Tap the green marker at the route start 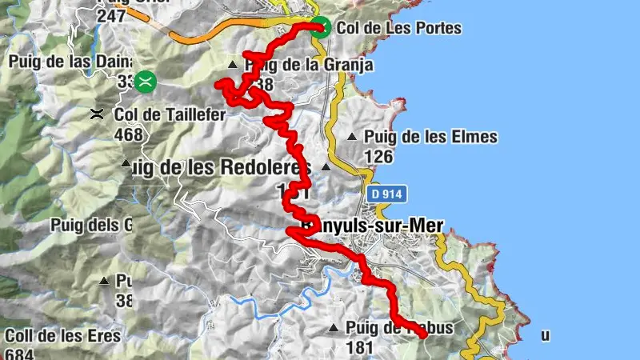[x=320, y=26]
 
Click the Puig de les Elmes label [x=430, y=137]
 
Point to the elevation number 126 [x=378, y=156]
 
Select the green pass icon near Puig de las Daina [x=145, y=80]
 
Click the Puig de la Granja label [x=308, y=65]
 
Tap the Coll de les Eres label [x=62, y=335]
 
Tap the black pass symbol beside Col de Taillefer [x=98, y=114]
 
